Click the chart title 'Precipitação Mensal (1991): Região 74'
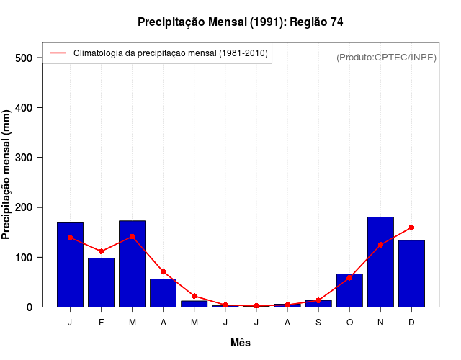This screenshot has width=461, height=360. [240, 22]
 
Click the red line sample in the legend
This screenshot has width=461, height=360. [58, 53]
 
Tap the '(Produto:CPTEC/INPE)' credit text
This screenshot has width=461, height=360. [386, 57]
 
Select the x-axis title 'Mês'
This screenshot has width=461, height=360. [241, 343]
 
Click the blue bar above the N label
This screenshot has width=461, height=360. [380, 262]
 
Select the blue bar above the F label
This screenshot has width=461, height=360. [101, 282]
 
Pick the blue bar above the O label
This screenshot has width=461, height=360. [349, 291]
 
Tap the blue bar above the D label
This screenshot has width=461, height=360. [411, 274]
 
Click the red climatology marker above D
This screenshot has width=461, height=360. [411, 228]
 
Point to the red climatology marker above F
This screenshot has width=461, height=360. [101, 251]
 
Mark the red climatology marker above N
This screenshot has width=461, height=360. [380, 245]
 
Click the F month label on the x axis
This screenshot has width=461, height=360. [101, 323]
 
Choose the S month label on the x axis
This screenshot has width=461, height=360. [318, 323]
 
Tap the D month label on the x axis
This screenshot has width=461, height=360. [411, 323]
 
